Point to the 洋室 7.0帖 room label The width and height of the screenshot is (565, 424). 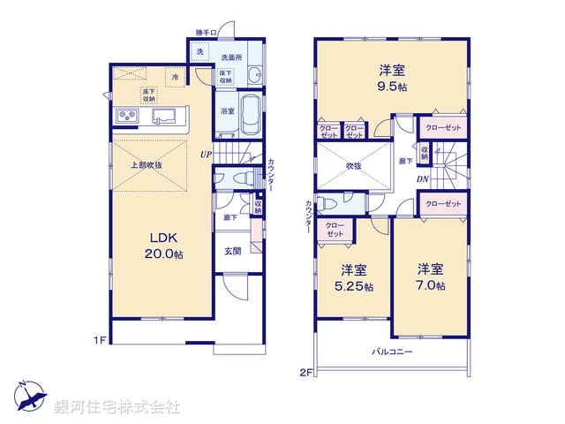(x=430, y=278)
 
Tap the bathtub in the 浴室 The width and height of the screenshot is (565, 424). (x=249, y=112)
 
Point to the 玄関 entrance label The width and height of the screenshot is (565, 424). (x=232, y=251)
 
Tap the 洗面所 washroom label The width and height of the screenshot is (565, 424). (x=231, y=57)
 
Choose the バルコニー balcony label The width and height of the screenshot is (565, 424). (x=391, y=351)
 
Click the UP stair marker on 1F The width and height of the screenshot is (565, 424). (x=205, y=155)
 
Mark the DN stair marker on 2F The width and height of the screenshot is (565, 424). (x=423, y=179)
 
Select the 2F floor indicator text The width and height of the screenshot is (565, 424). (x=305, y=373)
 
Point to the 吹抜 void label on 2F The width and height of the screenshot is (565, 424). (x=354, y=165)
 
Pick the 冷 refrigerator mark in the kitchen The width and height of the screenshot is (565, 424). (x=175, y=78)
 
